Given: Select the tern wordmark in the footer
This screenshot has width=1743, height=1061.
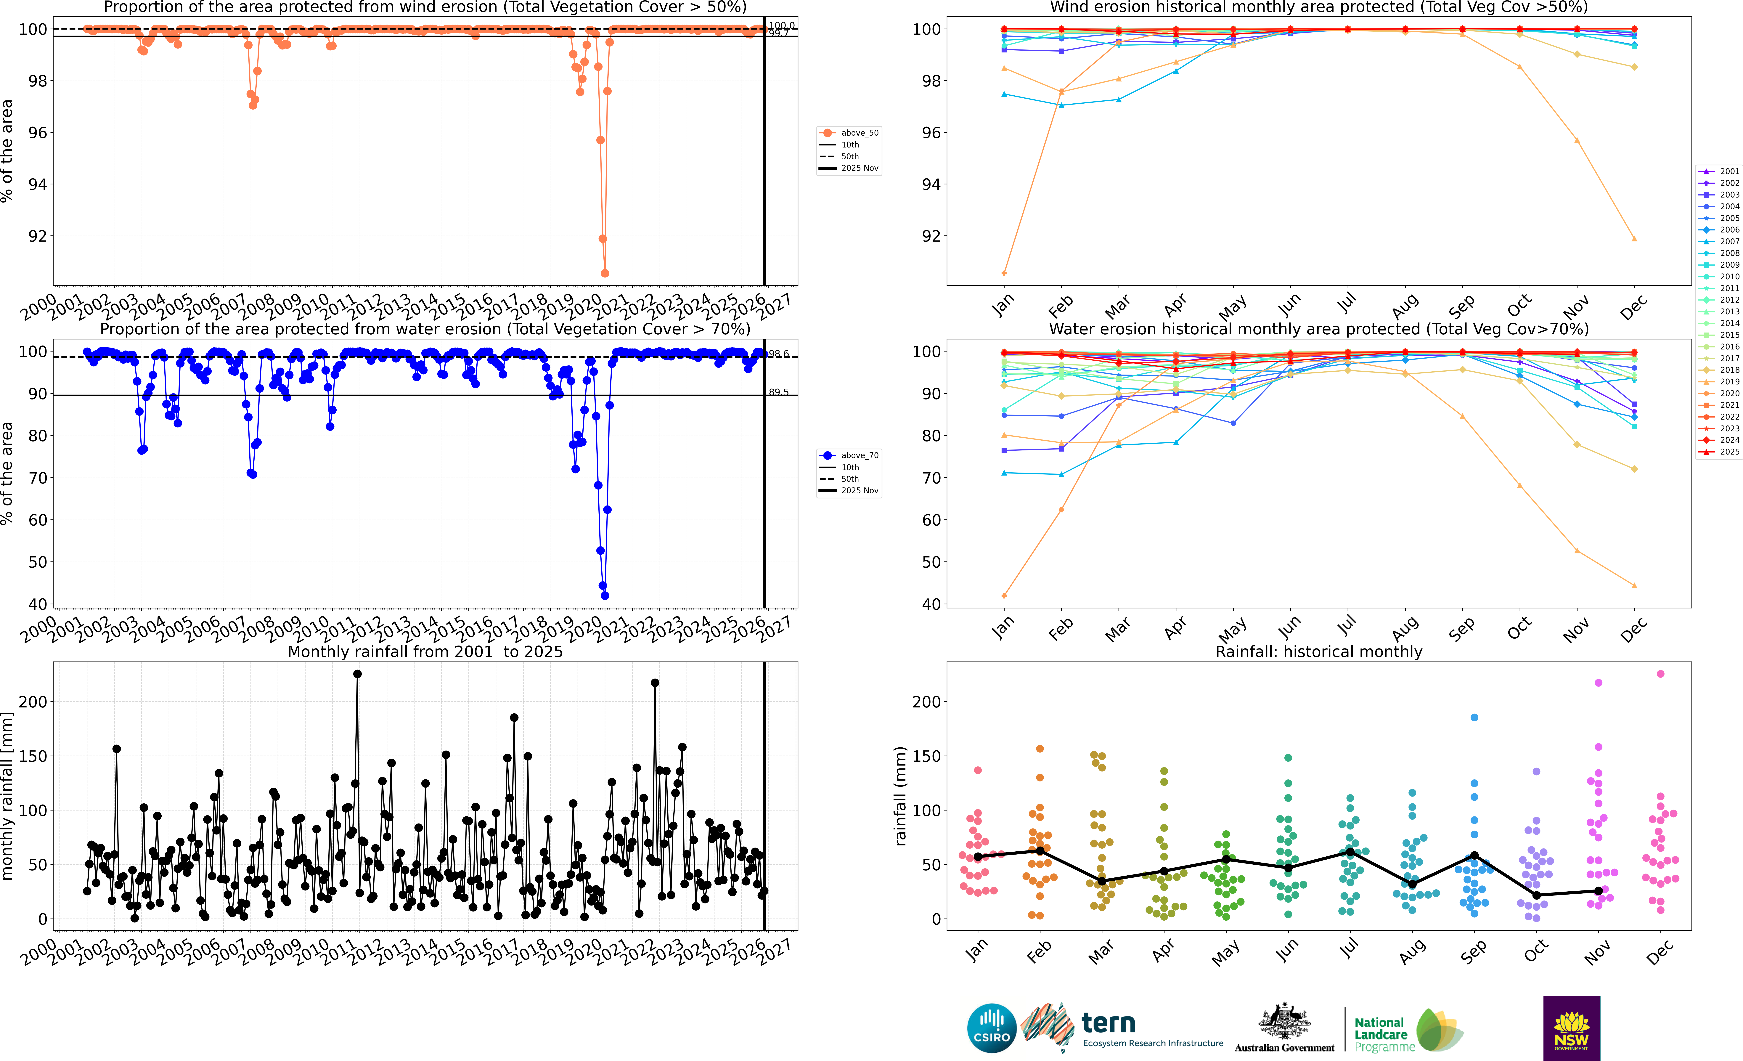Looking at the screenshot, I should [x=1109, y=1023].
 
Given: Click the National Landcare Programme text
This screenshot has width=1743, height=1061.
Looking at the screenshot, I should [x=1380, y=1034].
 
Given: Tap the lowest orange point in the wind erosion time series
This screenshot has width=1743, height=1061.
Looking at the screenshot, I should [x=605, y=273].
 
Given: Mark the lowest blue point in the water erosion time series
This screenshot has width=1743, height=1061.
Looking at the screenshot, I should [x=605, y=595].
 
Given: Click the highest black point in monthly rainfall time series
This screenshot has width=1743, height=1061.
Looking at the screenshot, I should [x=357, y=674].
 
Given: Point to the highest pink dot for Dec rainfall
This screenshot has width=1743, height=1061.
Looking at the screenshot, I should [x=1660, y=674].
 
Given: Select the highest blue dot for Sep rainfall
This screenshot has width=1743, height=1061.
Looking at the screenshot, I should [x=1474, y=717].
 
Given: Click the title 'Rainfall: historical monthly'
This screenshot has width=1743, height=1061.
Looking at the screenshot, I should [x=1319, y=651].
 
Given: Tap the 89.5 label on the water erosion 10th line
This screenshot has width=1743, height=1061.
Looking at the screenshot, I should [x=778, y=392].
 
